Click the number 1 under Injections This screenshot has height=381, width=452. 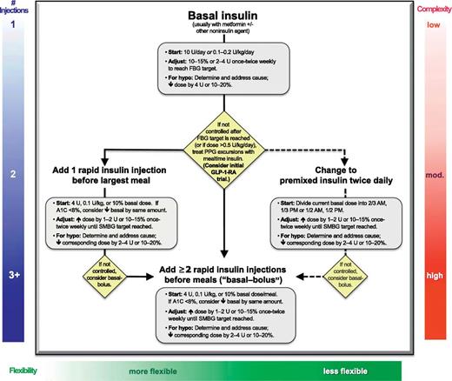click(x=13, y=25)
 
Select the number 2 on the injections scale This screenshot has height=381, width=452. click(x=13, y=175)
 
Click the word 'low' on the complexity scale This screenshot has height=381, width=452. click(x=432, y=25)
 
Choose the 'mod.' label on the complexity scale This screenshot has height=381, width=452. click(x=432, y=175)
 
